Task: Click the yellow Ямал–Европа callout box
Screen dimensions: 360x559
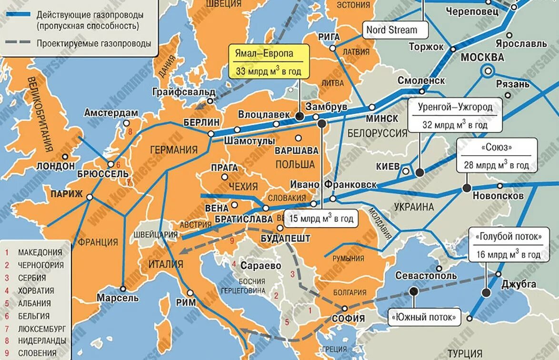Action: click(269, 62)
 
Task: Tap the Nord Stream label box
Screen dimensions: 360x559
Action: click(391, 30)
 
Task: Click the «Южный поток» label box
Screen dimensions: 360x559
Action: click(424, 316)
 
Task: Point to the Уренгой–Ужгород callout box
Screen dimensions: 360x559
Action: click(455, 115)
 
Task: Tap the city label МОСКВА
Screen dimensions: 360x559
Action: click(482, 58)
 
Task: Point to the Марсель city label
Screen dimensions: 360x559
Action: click(117, 298)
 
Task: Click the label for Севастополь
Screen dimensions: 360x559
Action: click(425, 276)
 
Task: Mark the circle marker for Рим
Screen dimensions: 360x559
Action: click(190, 293)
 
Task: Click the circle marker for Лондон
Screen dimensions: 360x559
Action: click(65, 156)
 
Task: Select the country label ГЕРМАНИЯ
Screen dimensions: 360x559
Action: click(174, 150)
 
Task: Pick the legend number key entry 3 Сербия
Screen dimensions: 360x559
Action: click(31, 278)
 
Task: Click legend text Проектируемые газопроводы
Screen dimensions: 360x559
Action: click(93, 43)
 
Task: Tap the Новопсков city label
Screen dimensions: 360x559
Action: click(498, 196)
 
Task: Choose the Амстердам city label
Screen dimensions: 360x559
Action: click(111, 113)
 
